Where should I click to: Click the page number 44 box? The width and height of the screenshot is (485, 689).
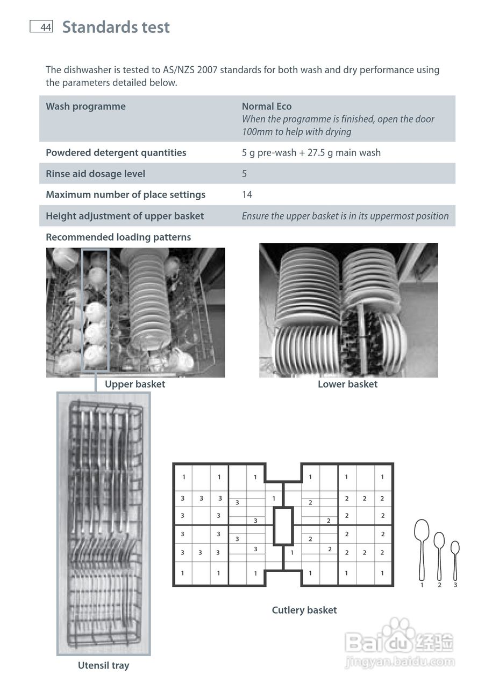click(41, 27)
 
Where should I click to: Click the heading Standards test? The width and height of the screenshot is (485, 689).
click(116, 27)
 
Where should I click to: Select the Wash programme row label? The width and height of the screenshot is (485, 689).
click(85, 107)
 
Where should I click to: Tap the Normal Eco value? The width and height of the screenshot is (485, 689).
click(267, 107)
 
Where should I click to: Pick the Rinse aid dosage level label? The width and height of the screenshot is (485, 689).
click(95, 174)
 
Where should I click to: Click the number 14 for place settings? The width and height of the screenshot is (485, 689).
click(247, 195)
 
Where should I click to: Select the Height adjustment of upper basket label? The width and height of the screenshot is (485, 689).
click(124, 216)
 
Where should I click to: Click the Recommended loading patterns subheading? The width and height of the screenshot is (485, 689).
click(118, 237)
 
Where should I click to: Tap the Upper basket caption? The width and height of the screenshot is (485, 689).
click(135, 384)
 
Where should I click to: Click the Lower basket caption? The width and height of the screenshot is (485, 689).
click(347, 384)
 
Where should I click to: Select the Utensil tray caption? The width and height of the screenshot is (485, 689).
click(103, 666)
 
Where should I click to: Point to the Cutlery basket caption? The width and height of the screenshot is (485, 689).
click(304, 610)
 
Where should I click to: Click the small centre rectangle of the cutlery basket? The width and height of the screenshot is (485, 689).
click(283, 526)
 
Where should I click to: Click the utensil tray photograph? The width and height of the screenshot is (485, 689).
click(103, 523)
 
